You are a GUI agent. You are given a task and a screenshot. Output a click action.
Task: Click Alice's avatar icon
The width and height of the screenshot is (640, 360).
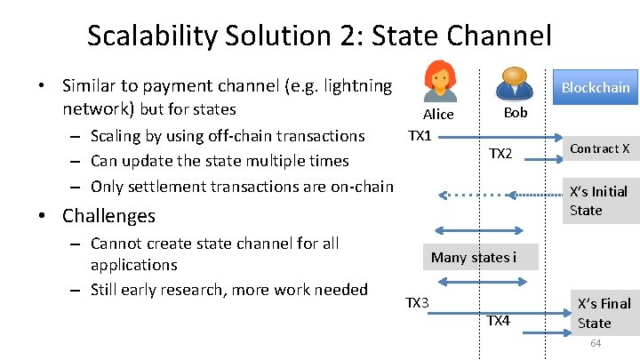[x=439, y=82]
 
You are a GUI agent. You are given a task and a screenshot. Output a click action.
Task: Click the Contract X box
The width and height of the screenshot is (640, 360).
[x=599, y=148]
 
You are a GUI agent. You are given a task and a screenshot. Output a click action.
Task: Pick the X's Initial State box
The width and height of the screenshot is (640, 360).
[x=599, y=201]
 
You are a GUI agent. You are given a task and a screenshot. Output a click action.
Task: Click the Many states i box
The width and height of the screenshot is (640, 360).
[x=473, y=258]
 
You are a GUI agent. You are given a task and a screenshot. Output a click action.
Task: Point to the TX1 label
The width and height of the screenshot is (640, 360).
[x=419, y=135]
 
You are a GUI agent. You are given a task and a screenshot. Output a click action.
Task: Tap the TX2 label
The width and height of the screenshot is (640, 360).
[x=500, y=154]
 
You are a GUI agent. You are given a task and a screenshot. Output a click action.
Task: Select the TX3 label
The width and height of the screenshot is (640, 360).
[x=417, y=303]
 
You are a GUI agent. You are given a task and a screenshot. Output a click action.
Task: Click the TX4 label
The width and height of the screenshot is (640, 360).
[x=498, y=320]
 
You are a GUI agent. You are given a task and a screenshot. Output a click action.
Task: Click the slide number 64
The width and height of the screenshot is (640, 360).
[x=596, y=343]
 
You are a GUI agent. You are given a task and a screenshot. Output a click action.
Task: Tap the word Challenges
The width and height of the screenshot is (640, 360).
[x=108, y=216]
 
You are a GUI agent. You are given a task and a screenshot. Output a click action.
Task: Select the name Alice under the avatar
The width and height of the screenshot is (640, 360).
[x=438, y=114]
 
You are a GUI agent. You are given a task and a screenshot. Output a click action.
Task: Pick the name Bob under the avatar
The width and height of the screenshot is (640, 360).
[x=516, y=112]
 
